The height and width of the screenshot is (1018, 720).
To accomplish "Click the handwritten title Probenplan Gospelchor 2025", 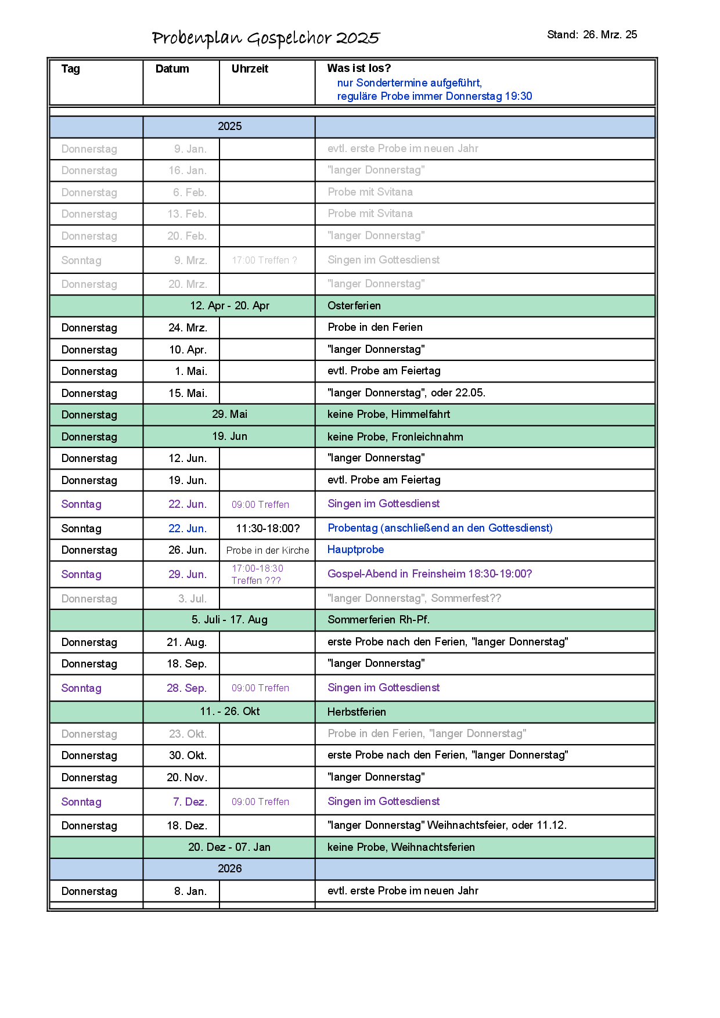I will point(265,38).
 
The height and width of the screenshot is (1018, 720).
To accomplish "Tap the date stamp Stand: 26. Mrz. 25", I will point(592,35).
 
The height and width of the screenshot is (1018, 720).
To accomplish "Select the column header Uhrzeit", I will point(250,69).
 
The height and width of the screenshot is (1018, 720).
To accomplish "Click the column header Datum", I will point(172,69).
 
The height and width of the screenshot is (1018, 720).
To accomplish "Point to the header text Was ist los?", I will point(359,68).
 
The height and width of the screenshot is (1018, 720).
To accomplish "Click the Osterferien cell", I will point(354,306).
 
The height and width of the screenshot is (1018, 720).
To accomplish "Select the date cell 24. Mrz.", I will point(188,328).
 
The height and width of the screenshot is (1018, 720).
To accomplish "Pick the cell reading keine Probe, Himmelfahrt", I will point(388,414).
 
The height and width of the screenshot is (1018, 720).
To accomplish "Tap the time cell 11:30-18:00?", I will point(268,529).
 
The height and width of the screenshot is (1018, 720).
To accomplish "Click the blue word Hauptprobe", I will point(355,550).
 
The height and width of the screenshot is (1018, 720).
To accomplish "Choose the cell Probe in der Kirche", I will point(268,550).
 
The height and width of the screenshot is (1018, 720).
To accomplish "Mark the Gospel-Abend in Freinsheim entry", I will point(430,574).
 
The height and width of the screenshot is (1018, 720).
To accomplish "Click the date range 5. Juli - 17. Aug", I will point(229,620).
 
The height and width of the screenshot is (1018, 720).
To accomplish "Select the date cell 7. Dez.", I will point(190,802).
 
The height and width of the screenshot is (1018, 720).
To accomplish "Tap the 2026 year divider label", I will point(229,869).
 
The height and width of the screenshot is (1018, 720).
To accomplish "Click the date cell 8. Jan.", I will point(190,891).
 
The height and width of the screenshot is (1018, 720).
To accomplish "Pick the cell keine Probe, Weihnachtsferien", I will point(401,847).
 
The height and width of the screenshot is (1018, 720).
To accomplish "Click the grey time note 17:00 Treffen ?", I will point(264,261).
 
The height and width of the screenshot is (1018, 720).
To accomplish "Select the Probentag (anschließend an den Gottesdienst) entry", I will point(440,528).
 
